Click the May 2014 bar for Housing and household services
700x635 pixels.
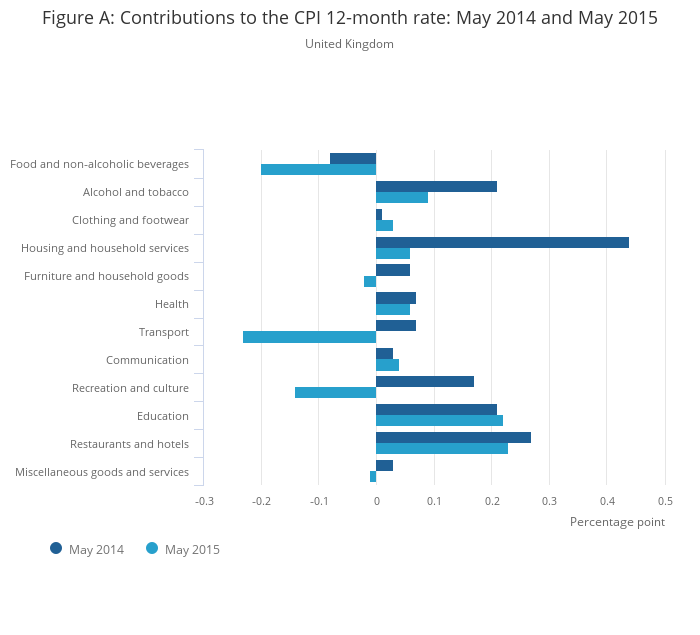pyautogui.click(x=502, y=242)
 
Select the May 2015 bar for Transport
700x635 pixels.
pyautogui.click(x=309, y=337)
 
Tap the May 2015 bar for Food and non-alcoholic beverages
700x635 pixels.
pyautogui.click(x=318, y=169)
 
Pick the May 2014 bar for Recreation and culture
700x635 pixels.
pyautogui.click(x=424, y=381)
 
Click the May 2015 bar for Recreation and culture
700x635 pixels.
pyautogui.click(x=335, y=393)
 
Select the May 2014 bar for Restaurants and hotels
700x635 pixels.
pyautogui.click(x=453, y=437)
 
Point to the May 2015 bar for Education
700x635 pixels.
pyautogui.click(x=439, y=421)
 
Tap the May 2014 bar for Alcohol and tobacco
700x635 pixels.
pyautogui.click(x=436, y=186)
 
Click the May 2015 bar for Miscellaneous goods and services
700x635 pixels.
pyautogui.click(x=373, y=477)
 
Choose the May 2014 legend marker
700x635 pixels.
pyautogui.click(x=56, y=548)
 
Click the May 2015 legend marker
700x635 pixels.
pyautogui.click(x=152, y=548)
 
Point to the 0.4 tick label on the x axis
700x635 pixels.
pyautogui.click(x=607, y=501)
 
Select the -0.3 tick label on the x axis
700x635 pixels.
pyautogui.click(x=204, y=501)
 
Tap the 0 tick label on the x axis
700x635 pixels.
pyautogui.click(x=376, y=501)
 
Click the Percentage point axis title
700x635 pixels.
pyautogui.click(x=617, y=522)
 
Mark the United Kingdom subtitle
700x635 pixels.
pyautogui.click(x=349, y=44)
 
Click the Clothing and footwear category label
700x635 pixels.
pyautogui.click(x=130, y=220)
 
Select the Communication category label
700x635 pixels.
pyautogui.click(x=147, y=360)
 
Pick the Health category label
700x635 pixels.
pyautogui.click(x=171, y=304)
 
